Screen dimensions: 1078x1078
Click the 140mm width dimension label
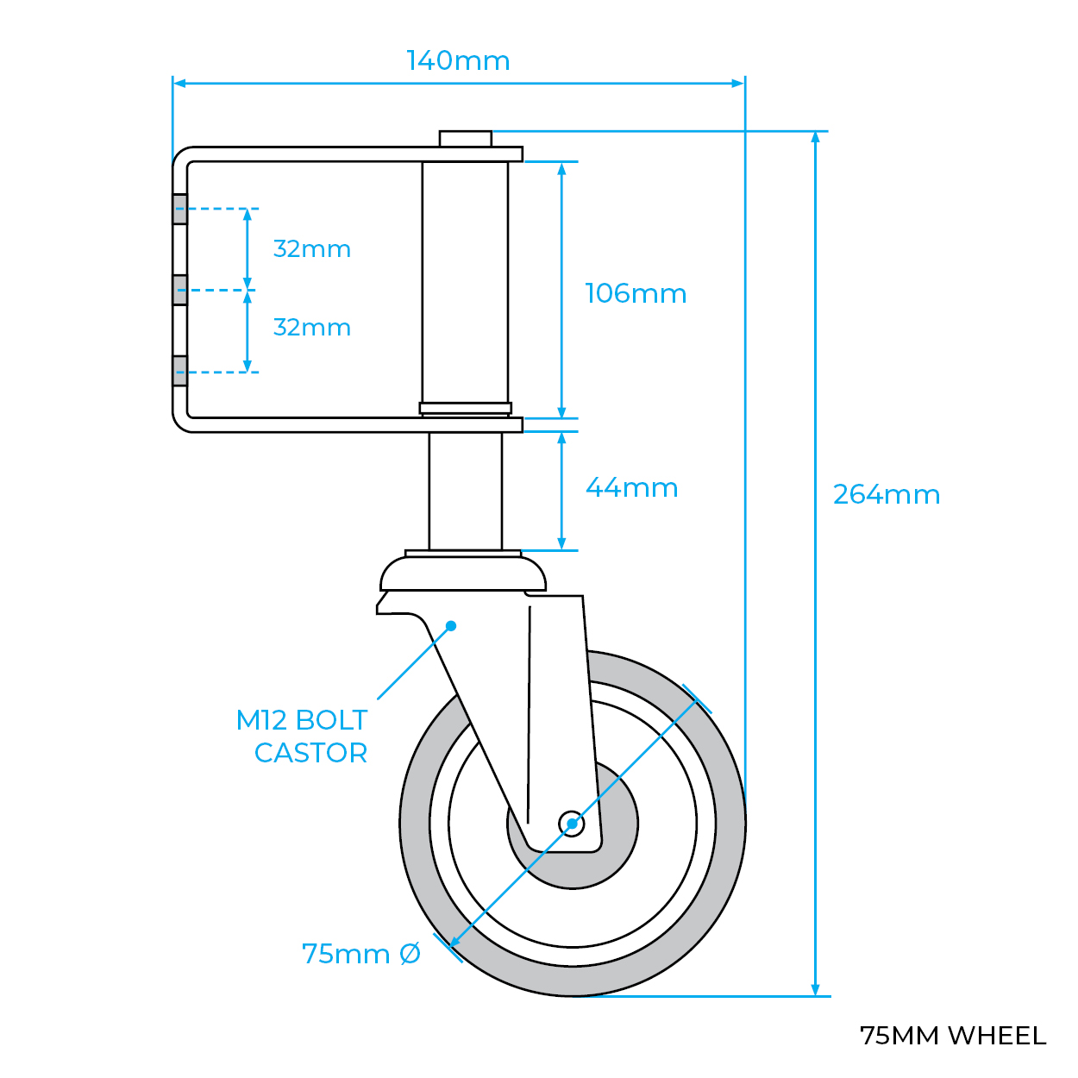[458, 60]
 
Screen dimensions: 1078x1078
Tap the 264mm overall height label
[886, 494]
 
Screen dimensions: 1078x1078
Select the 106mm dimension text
[636, 293]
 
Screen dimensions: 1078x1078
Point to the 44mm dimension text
[631, 487]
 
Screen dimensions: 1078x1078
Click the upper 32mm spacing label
[311, 249]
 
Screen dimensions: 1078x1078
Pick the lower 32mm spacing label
[311, 328]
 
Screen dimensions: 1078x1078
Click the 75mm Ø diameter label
[361, 954]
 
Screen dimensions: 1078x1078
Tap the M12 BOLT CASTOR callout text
[303, 736]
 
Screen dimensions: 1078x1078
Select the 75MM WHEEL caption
[952, 1035]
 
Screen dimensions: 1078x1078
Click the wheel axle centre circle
[571, 824]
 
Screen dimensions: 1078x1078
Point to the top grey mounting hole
[180, 209]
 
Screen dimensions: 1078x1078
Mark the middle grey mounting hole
[180, 290]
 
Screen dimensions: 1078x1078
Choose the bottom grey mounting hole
[180, 371]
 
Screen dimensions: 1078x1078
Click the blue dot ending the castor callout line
[450, 625]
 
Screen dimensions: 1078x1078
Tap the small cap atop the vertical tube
[465, 138]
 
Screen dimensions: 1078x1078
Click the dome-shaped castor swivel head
[463, 574]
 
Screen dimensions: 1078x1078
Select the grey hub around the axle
[617, 849]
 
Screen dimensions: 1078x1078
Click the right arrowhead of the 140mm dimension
[738, 84]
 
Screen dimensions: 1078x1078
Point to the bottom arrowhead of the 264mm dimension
[815, 989]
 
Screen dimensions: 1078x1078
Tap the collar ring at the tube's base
[465, 408]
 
